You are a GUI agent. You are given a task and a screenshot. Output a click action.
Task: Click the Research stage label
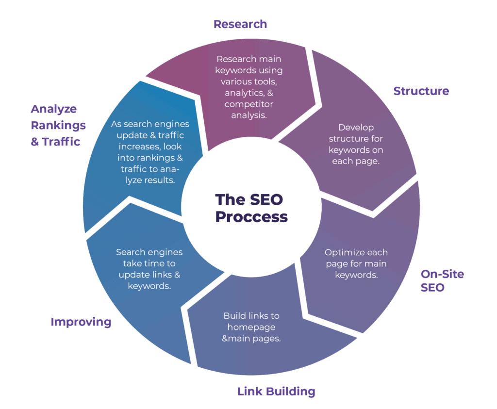[x=240, y=24]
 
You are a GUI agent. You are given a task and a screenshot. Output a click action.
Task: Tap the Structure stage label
[x=421, y=91]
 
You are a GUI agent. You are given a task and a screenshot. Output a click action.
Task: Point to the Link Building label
[x=276, y=391]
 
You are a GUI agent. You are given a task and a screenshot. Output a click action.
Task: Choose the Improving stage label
[x=81, y=322]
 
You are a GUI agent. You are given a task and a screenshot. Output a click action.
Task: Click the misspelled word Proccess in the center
[x=251, y=216]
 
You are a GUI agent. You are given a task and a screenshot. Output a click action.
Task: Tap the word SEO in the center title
[x=266, y=199]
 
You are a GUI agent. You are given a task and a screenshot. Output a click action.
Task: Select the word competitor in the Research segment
[x=249, y=104]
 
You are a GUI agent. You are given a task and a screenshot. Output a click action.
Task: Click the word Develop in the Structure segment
[x=356, y=127]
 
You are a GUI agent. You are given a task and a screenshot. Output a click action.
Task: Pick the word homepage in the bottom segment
[x=251, y=327]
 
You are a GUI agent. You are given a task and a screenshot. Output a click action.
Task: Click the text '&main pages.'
[x=251, y=339]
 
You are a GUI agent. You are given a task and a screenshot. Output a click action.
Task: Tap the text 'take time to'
[x=149, y=263]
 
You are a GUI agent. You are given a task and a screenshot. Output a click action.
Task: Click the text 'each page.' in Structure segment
[x=356, y=161]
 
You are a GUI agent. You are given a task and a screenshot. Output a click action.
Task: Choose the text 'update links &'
[x=149, y=275]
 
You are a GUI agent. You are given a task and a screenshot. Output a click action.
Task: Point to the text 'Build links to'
[x=251, y=315]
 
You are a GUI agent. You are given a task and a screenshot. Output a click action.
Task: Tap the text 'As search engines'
[x=150, y=124]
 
